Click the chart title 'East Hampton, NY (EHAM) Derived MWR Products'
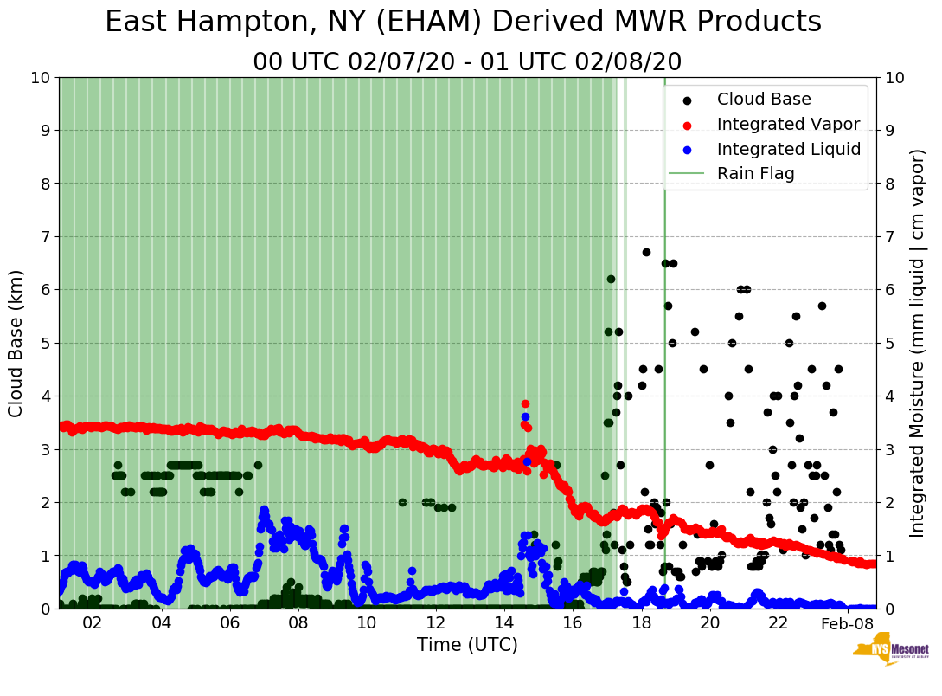coord(463,23)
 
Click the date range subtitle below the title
coord(467,62)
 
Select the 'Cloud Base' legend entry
coord(764,100)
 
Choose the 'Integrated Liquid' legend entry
coord(788,149)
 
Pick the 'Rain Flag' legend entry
coord(755,174)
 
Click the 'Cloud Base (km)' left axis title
coord(16,343)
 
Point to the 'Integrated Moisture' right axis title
coord(918,343)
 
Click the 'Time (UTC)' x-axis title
coord(467,645)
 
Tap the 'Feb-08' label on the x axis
coord(847,624)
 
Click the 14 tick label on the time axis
coord(503,623)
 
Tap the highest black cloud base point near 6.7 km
coord(646,252)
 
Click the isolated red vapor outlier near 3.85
coord(525,403)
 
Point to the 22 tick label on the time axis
coord(778,623)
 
